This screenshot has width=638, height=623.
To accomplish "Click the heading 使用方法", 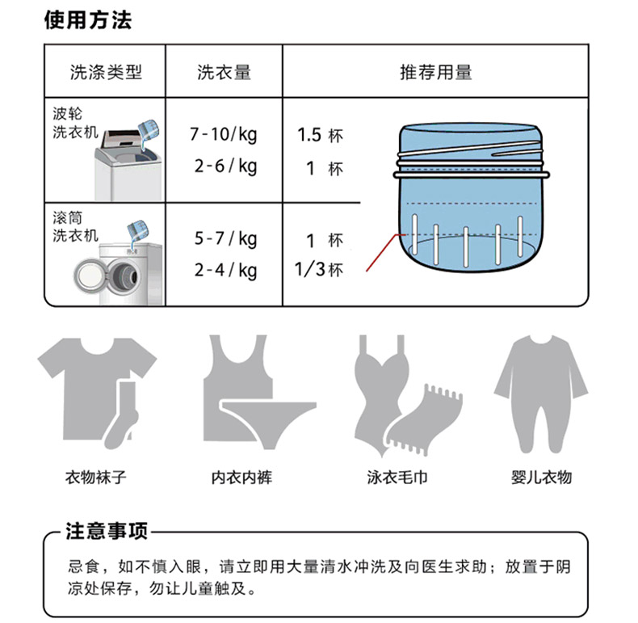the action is tap(88, 20).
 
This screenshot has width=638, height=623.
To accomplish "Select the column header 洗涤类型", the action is tap(106, 73).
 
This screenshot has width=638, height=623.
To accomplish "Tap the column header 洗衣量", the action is tap(225, 73).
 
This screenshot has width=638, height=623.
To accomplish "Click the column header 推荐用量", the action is tap(436, 73).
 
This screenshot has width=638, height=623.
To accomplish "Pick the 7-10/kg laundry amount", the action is tap(224, 134).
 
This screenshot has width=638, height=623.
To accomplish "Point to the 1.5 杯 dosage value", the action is tap(321, 135).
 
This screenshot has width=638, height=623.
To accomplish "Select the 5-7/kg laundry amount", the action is tap(226, 238).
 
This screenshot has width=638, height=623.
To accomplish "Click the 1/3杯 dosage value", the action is tap(319, 270).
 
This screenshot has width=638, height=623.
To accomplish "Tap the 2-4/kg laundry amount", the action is tap(226, 270).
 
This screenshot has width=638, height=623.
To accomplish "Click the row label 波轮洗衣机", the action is tap(75, 123).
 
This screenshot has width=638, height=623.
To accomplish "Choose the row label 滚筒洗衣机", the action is tap(75, 227).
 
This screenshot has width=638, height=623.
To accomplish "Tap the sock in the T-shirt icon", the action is tap(122, 415).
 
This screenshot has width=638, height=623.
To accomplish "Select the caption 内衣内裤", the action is tap(241, 478).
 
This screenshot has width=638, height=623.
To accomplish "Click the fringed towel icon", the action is tap(423, 419).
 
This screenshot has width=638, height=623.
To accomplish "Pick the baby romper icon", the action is tap(541, 394).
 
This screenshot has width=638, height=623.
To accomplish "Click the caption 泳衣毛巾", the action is tap(397, 478).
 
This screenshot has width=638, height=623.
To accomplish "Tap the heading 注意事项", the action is tap(106, 532).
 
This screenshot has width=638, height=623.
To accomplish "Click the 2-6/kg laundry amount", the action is tap(226, 166).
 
